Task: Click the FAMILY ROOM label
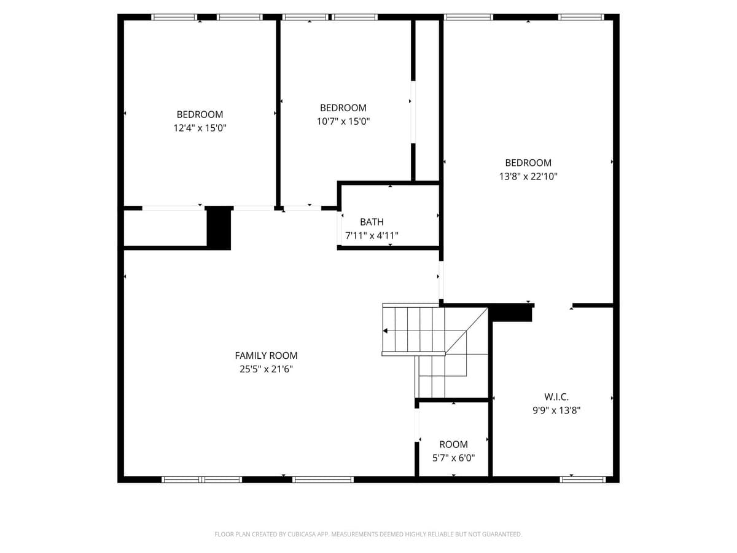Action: (266, 355)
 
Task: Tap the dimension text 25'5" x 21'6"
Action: (266, 369)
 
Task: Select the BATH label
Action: (372, 222)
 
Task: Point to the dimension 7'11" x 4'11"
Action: (372, 235)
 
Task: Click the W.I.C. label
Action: (556, 397)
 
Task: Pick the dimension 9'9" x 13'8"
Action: (556, 410)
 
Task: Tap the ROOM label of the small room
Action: (453, 444)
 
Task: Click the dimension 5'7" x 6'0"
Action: (453, 458)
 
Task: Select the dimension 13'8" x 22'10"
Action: (528, 176)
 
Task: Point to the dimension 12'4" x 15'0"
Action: (200, 128)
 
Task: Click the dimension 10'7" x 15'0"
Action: (343, 122)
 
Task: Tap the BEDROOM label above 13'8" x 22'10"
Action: (528, 163)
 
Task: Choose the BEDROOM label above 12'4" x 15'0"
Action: (200, 114)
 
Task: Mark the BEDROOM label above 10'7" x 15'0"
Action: (343, 108)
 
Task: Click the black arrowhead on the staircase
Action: (385, 331)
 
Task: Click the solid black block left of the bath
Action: (218, 228)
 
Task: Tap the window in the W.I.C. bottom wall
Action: (583, 479)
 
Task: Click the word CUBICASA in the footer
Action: (304, 535)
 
